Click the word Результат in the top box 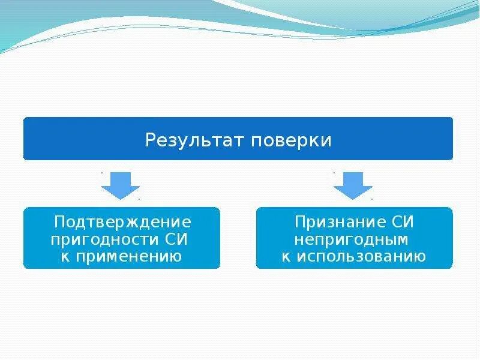[195, 141]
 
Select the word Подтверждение [122, 223]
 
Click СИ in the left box [178, 240]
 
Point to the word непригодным [354, 240]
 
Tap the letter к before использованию [286, 257]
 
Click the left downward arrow [121, 185]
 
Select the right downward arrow [353, 185]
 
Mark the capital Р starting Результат [150, 141]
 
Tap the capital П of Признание [300, 223]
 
